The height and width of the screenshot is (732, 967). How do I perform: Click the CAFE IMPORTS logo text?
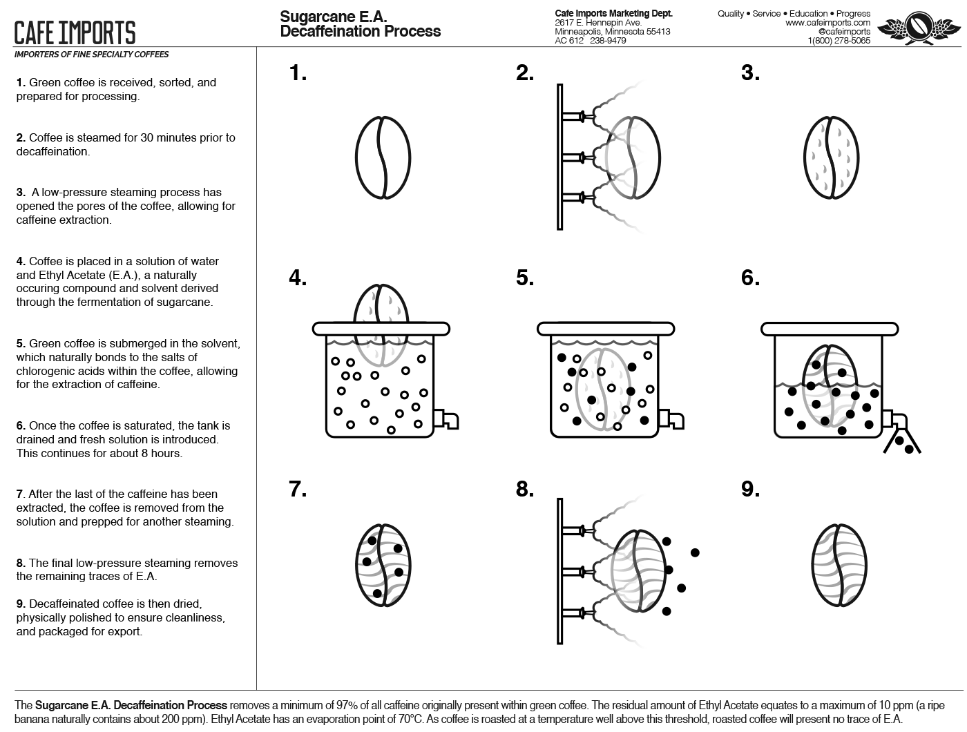click(75, 32)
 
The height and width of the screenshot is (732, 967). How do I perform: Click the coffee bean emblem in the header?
click(919, 28)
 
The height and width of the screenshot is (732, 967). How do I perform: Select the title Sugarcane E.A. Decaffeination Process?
click(360, 24)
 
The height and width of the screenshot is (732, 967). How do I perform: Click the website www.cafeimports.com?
click(827, 23)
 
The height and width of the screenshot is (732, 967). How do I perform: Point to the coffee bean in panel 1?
click(383, 157)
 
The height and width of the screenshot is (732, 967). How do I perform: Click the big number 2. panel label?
click(525, 73)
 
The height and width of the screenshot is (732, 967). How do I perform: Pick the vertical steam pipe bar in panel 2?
click(559, 157)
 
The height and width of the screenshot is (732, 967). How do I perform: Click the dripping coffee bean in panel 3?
click(832, 157)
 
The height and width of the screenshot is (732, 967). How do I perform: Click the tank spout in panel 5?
click(672, 418)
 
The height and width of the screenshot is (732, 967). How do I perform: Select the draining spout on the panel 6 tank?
click(896, 420)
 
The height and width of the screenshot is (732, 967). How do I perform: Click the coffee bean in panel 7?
click(383, 566)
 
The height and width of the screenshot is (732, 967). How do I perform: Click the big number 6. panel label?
click(750, 278)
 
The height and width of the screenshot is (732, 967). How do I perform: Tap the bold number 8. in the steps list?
click(21, 563)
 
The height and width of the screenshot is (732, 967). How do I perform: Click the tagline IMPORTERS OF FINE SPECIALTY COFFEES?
click(91, 54)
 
